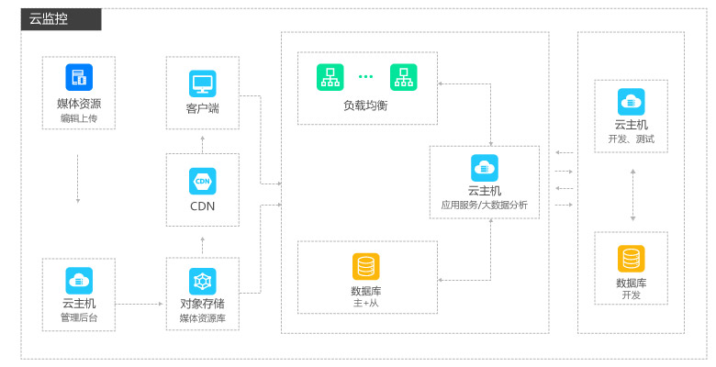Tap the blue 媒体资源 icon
pyautogui.click(x=79, y=77)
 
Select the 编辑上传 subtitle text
pyautogui.click(x=79, y=118)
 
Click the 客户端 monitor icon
pyautogui.click(x=202, y=83)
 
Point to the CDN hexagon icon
pyautogui.click(x=202, y=180)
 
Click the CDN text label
pyautogui.click(x=202, y=206)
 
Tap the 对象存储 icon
pyautogui.click(x=202, y=280)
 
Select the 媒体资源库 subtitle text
pyautogui.click(x=202, y=318)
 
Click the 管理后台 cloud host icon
pyautogui.click(x=79, y=280)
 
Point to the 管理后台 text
pyautogui.click(x=79, y=318)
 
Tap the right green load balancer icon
pyautogui.click(x=403, y=77)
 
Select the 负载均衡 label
pyautogui.click(x=366, y=106)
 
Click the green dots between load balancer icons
pyautogui.click(x=366, y=77)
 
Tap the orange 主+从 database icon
pyautogui.click(x=365, y=266)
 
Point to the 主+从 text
pyautogui.click(x=365, y=303)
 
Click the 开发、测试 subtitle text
pyautogui.click(x=632, y=139)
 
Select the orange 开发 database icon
pyautogui.click(x=632, y=259)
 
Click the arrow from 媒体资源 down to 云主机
pyautogui.click(x=78, y=179)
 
